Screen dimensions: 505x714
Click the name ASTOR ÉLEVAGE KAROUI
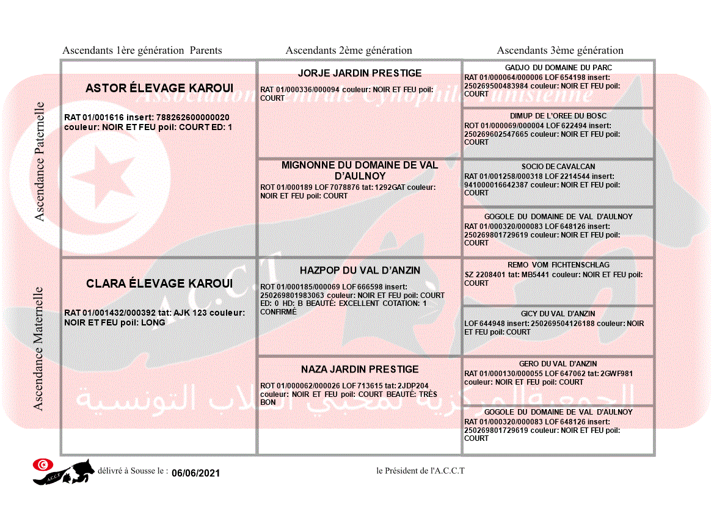(159, 89)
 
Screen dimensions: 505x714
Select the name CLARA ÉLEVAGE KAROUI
(159, 284)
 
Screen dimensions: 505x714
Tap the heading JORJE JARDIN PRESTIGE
(360, 73)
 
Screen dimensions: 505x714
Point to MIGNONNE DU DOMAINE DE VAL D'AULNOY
(360, 170)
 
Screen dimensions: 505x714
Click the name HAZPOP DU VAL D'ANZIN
(360, 271)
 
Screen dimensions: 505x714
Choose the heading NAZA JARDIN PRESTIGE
(360, 369)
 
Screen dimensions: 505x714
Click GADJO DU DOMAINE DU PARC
(558, 68)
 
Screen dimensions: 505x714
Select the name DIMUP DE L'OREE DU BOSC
(558, 116)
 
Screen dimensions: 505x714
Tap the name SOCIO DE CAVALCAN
(558, 167)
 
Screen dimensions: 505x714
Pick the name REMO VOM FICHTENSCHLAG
(558, 266)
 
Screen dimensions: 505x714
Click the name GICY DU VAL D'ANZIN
(558, 314)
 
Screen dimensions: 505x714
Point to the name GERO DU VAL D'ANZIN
(558, 364)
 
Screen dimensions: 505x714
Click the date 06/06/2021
(195, 473)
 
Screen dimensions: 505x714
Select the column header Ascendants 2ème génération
(349, 51)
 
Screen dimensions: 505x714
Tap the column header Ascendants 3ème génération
(560, 51)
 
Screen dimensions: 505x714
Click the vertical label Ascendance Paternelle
(40, 161)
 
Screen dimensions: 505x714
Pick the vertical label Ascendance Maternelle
(38, 348)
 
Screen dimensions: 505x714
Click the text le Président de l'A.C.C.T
(421, 471)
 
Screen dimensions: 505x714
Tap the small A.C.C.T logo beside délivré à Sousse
(64, 471)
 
